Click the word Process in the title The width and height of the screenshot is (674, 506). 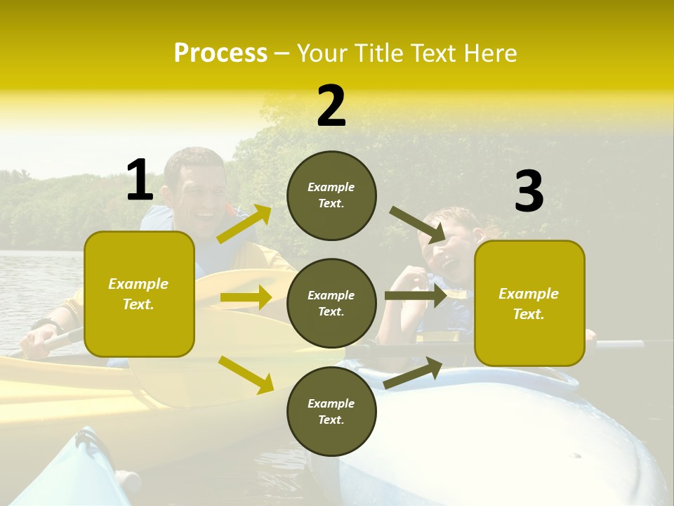coord(220,53)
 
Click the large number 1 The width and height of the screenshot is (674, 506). coord(140,180)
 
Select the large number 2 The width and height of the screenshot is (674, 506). coord(331,106)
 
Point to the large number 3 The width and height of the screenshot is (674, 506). coord(529,191)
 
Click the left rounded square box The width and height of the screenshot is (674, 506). coord(139,294)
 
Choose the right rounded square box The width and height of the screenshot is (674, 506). coord(529,303)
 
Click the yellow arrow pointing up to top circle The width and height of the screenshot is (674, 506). coord(244,224)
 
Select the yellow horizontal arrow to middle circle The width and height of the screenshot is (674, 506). coord(245,297)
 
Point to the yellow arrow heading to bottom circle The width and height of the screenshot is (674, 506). coord(246,374)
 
